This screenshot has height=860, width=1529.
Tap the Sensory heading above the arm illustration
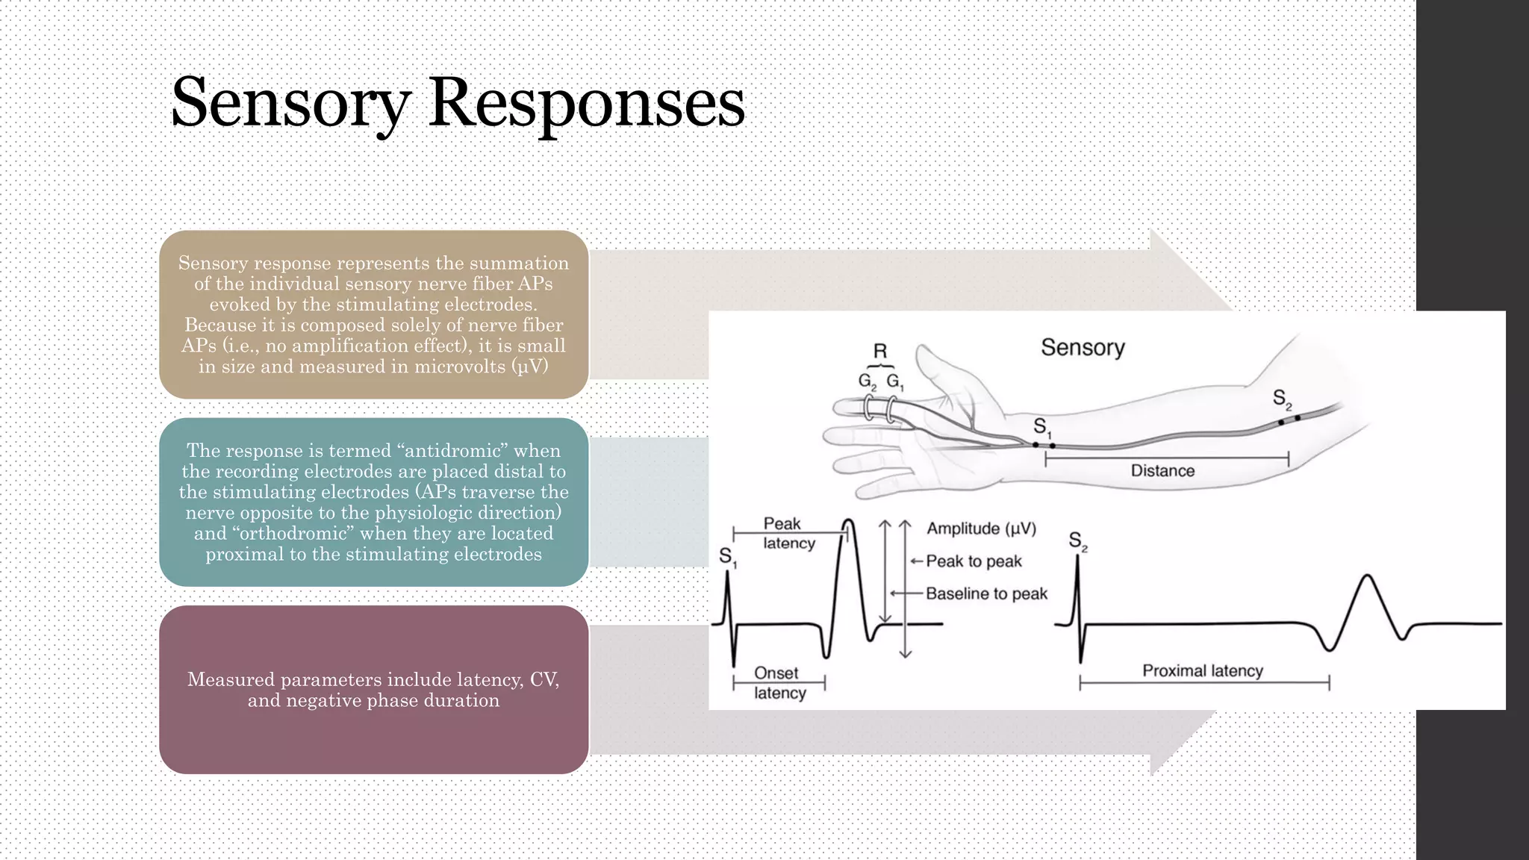pyautogui.click(x=1083, y=347)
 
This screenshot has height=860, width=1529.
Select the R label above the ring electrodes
pyautogui.click(x=880, y=351)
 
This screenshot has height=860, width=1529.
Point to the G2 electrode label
pyautogui.click(x=867, y=381)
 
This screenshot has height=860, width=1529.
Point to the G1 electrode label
pyautogui.click(x=894, y=381)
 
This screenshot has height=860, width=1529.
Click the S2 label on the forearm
pyautogui.click(x=1282, y=399)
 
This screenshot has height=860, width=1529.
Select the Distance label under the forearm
pyautogui.click(x=1162, y=471)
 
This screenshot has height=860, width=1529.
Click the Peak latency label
pyautogui.click(x=788, y=533)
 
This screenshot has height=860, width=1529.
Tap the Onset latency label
pyautogui.click(x=778, y=682)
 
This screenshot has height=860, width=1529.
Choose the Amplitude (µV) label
pyautogui.click(x=981, y=529)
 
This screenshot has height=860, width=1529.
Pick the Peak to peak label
pyautogui.click(x=974, y=561)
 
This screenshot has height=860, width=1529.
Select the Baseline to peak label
pyautogui.click(x=986, y=593)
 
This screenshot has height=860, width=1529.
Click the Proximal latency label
pyautogui.click(x=1202, y=670)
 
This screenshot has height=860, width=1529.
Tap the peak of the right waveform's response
pyautogui.click(x=1367, y=576)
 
